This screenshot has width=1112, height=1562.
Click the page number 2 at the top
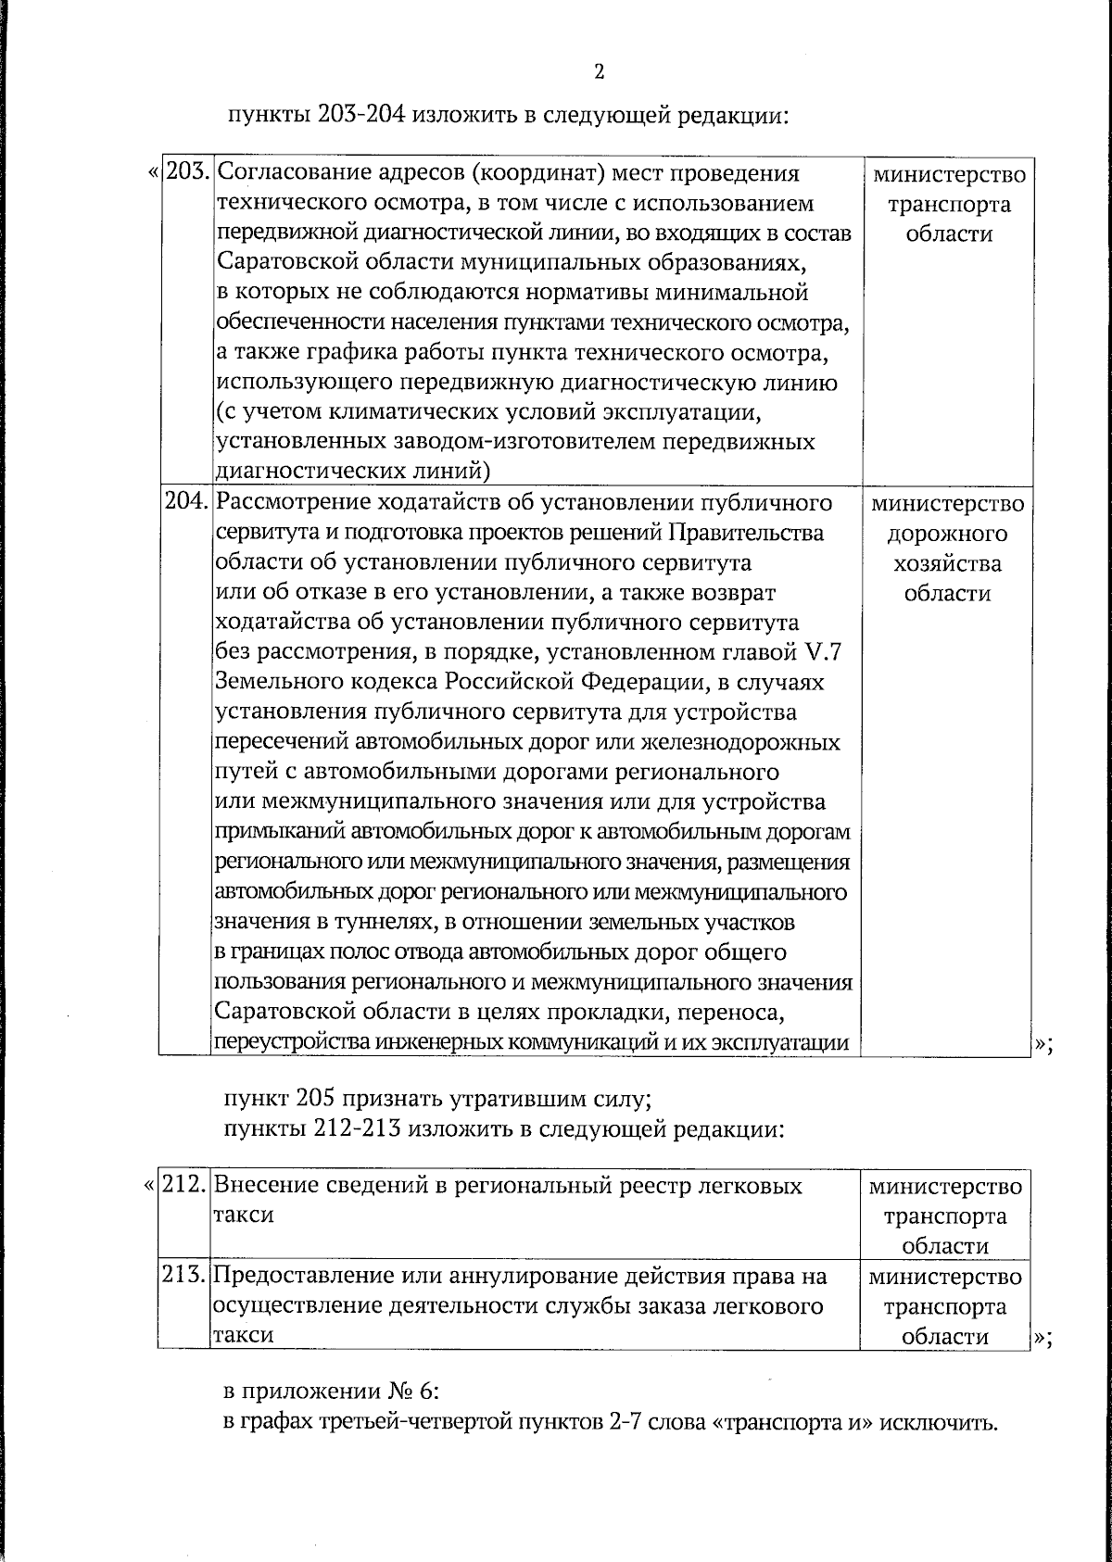599,72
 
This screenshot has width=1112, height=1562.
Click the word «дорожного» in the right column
948,535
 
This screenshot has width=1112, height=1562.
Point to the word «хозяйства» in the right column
948,564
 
